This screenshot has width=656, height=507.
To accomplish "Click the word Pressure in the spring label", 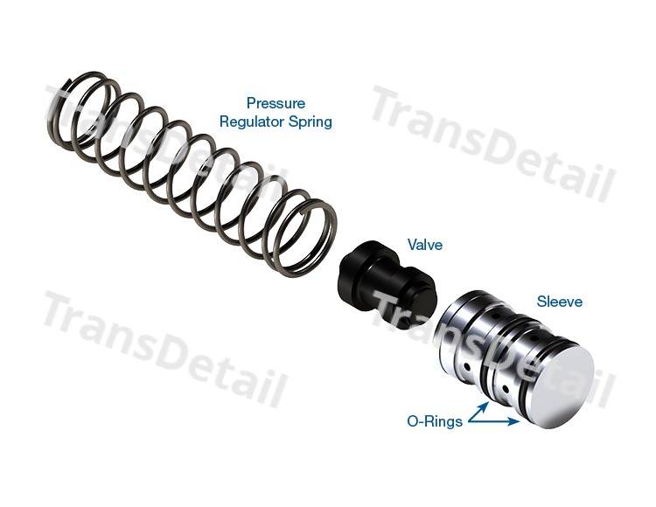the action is [276, 103].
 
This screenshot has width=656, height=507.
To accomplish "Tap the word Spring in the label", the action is [311, 122].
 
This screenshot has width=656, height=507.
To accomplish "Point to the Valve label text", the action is [424, 245].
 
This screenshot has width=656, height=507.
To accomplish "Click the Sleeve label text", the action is [560, 302].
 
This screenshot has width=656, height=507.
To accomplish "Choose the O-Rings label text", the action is [435, 421].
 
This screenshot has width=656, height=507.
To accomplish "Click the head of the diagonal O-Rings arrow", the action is [485, 405].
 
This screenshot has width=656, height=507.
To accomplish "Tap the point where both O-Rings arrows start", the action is [469, 421].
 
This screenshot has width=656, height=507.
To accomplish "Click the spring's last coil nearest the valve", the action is [305, 239].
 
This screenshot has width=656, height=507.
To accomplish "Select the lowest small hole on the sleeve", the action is [506, 390].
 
